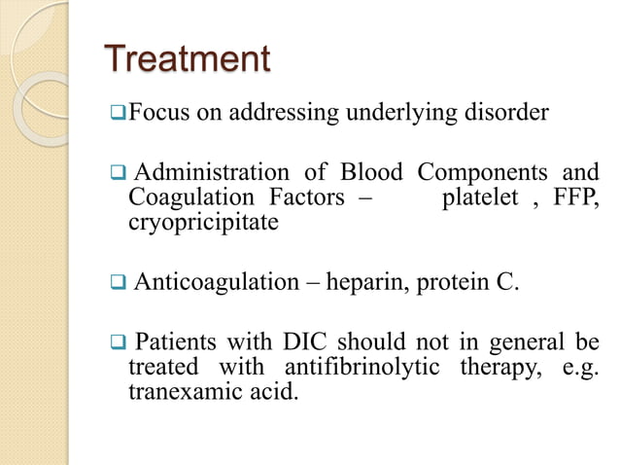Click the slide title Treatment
click(x=187, y=60)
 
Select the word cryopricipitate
click(x=202, y=223)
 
